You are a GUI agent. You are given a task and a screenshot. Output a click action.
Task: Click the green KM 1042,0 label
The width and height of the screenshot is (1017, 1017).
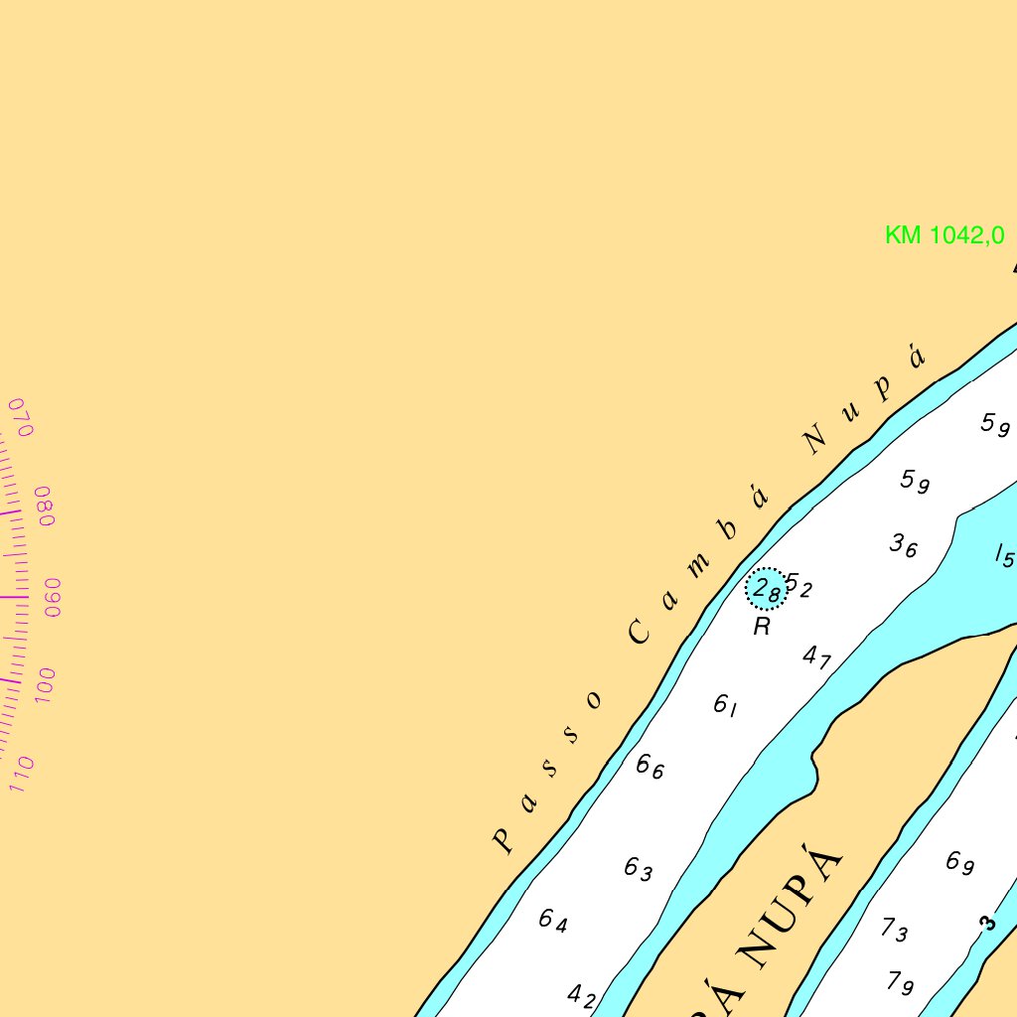944,235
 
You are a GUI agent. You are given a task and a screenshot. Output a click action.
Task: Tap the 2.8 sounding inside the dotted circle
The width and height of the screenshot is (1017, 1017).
767,590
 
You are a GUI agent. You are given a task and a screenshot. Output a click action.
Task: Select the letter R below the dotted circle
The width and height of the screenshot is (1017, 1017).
762,627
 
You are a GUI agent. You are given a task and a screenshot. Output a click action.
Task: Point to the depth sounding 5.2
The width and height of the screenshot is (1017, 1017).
799,586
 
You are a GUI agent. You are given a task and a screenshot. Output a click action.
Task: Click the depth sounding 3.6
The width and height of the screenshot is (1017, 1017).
903,545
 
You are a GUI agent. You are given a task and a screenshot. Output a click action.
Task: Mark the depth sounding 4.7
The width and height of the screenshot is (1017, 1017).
816,656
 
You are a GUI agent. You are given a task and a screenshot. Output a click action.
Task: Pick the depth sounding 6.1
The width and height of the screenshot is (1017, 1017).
726,706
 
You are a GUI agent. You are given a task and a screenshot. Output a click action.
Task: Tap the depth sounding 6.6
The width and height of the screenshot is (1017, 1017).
650,767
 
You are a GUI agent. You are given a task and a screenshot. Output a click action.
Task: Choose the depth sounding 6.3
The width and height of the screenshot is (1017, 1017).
638,869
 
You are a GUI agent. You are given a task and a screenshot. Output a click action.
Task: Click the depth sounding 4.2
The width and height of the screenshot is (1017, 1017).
581,995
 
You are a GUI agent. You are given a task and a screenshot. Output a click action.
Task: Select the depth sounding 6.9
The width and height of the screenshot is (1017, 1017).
959,862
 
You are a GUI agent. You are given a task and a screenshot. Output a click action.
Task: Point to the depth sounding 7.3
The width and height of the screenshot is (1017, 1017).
894,930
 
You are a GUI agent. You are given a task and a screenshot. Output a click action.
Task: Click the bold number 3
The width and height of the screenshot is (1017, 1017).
986,924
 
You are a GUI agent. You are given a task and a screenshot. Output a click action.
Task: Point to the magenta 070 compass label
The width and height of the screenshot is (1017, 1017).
21,417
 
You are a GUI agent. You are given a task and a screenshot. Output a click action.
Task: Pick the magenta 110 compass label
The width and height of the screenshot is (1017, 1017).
22,774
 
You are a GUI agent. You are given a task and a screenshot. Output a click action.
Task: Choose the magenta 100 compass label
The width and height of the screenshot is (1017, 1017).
45,686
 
